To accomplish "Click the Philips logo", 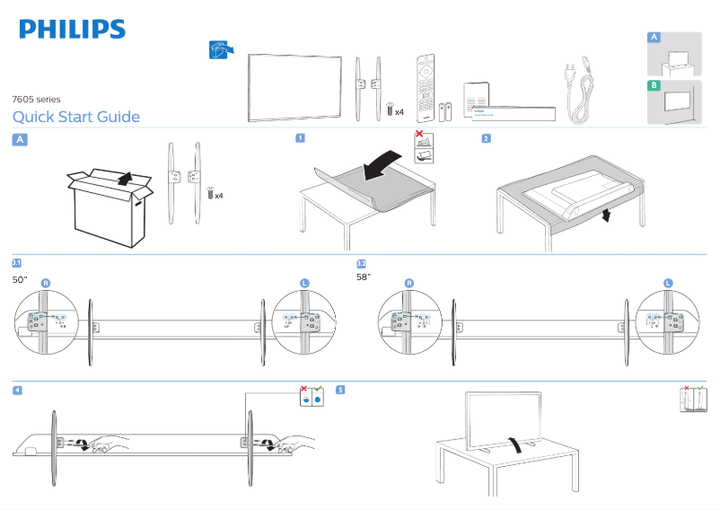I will click(x=73, y=30).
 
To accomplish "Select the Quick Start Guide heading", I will click(x=76, y=117).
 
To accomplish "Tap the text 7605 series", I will click(x=36, y=99).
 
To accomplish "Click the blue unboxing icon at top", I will click(x=218, y=49).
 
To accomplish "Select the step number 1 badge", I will click(x=300, y=138).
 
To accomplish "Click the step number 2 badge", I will click(x=486, y=138).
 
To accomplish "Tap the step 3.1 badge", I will click(x=17, y=263).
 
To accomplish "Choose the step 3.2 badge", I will click(x=361, y=263).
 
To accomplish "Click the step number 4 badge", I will click(x=17, y=390).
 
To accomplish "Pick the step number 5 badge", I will click(x=340, y=390).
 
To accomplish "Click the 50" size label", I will click(x=20, y=279).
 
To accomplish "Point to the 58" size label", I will click(x=364, y=277).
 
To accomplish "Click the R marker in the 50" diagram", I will click(x=46, y=283).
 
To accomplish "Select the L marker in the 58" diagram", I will click(x=668, y=283).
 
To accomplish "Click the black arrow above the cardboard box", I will click(x=131, y=177).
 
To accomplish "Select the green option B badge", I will click(x=654, y=85).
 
